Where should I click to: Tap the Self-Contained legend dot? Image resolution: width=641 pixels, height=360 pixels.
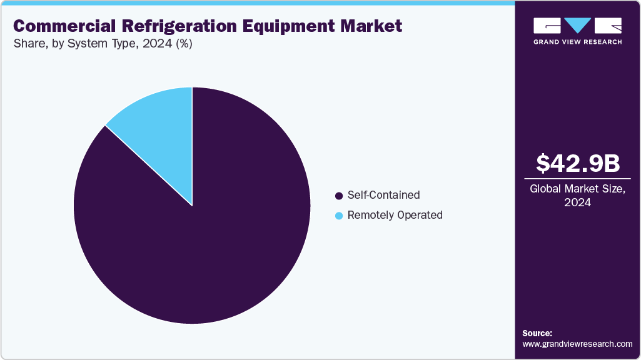pyautogui.click(x=339, y=196)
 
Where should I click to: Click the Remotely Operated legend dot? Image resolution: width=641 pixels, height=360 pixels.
pyautogui.click(x=339, y=216)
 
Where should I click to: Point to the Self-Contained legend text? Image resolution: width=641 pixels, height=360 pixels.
pyautogui.click(x=383, y=196)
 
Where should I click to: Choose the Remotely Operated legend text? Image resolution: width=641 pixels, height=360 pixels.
pyautogui.click(x=395, y=216)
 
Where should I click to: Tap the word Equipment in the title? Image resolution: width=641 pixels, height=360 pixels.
pyautogui.click(x=289, y=26)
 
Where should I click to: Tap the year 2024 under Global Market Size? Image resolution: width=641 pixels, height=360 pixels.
pyautogui.click(x=578, y=203)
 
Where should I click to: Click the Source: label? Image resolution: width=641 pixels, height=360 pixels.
pyautogui.click(x=537, y=333)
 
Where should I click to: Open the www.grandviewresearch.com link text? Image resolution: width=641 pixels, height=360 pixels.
pyautogui.click(x=577, y=344)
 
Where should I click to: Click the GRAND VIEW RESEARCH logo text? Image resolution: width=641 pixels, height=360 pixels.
pyautogui.click(x=577, y=42)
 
